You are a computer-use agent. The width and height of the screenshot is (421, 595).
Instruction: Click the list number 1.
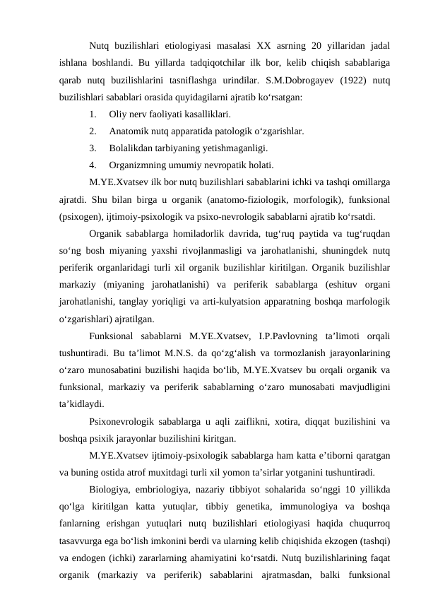point(94,114)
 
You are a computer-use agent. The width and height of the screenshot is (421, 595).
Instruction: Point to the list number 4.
point(94,165)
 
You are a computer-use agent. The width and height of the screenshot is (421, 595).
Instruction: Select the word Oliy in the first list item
point(118,114)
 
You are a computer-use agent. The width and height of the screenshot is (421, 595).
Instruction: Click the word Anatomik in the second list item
point(129,131)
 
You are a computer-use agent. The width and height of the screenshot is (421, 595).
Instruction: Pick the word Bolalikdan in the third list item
point(131,148)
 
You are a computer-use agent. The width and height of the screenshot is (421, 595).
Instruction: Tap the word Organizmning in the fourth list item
point(138,165)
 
